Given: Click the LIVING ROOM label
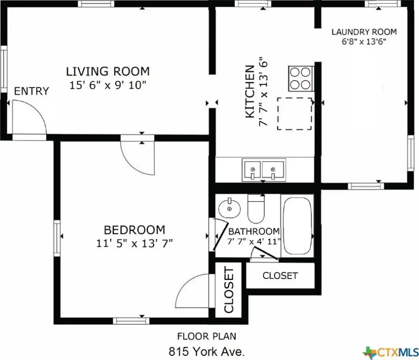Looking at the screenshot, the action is pos(108,71).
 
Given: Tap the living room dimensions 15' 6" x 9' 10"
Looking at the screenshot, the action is pos(108,85).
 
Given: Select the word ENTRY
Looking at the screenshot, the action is pos(31,91).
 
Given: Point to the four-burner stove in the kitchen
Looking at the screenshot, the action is pos(300,79).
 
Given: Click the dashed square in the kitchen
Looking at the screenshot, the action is pos(294,113).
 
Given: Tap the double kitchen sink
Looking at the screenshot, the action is pos(263,170).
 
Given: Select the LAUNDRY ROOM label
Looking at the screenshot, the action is pos(364,32).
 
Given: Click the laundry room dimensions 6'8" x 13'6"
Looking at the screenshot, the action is pos(364,42).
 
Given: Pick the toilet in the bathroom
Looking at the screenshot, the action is pos(256,209).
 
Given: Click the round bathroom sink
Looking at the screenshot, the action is pos(229,209).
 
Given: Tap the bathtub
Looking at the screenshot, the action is pos(297,226).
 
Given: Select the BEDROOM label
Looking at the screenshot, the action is pos(135,230).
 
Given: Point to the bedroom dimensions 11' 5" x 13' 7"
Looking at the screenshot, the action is pos(135,243).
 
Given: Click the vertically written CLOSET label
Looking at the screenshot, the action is pos(229,290).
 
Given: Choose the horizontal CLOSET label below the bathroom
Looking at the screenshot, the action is pos(280,276).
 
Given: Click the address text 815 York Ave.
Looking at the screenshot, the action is pos(207,352).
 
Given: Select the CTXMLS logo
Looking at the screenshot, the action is pos(391,352).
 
